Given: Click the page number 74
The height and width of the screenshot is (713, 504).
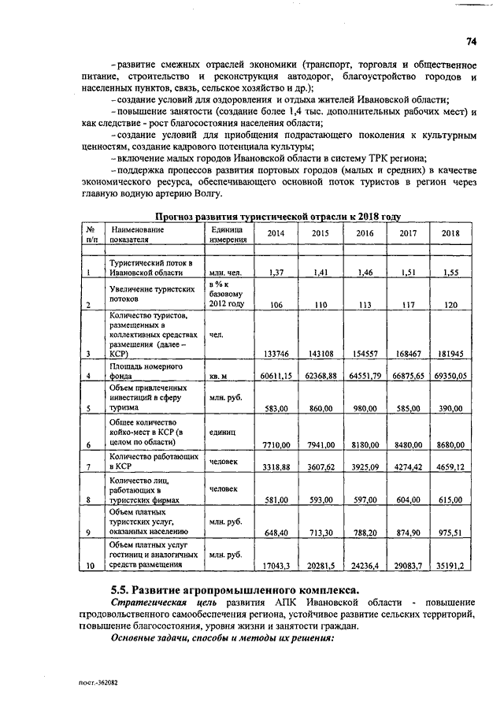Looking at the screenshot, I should click(471, 41).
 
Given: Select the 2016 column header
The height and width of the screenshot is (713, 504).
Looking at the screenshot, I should click(364, 234).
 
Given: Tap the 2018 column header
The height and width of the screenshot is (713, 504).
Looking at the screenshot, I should click(450, 234).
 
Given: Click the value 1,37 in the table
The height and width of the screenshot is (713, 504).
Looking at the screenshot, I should click(276, 273).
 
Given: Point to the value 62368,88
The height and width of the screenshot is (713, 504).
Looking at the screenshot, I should click(319, 377).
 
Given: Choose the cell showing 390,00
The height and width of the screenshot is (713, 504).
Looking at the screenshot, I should click(450, 408).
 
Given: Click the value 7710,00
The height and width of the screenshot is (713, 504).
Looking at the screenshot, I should click(276, 445).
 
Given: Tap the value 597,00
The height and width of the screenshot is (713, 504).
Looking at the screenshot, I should click(363, 499).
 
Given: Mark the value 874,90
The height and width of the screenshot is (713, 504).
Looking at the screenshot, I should click(407, 533).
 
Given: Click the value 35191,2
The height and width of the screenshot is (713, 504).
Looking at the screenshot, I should click(450, 565).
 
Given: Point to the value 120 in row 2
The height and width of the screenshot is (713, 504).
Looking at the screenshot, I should click(450, 305).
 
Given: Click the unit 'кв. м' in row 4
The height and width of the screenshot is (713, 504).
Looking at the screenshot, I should click(219, 377).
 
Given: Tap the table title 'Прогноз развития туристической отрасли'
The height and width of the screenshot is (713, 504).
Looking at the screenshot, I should click(278, 216).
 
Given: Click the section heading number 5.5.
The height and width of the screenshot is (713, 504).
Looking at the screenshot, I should click(120, 591).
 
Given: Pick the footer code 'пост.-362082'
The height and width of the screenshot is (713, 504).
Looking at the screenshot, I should click(98, 684).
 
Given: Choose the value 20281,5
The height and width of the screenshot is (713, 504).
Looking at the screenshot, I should click(319, 565).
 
